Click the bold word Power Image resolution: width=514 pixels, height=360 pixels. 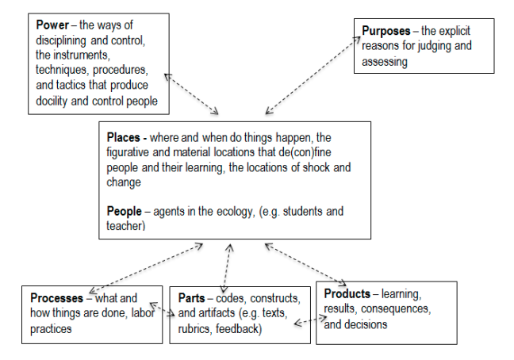coord(52,25)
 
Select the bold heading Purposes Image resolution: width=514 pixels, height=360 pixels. coord(385,31)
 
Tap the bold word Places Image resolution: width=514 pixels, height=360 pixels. coord(123,137)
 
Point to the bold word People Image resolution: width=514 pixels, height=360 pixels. coord(124,211)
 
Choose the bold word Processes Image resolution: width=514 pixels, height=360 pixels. coord(56,298)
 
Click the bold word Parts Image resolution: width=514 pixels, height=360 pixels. coord(191,298)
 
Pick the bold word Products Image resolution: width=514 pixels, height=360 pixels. coord(347,293)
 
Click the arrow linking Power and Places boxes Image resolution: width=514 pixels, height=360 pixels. coord(191,94)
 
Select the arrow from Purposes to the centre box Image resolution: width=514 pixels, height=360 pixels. coord(313,75)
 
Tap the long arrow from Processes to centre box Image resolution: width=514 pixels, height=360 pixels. coord(146,268)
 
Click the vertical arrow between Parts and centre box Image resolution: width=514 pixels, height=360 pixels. coord(227,268)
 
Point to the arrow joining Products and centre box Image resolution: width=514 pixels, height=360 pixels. coord(305,264)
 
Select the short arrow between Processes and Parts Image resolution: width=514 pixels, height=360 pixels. coord(163,309)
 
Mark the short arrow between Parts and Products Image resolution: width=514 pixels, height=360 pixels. coord(310,320)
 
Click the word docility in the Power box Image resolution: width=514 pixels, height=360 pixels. coord(52,101)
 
